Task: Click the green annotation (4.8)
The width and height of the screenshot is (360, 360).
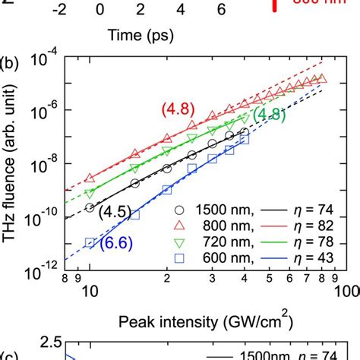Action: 269,115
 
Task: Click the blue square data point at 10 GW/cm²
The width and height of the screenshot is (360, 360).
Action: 90,243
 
